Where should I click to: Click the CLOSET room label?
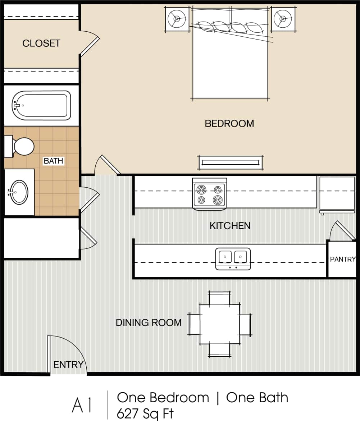tap(41, 44)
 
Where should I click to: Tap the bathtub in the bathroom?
tap(41, 105)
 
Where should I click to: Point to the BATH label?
tap(53, 161)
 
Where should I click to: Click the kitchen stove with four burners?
tap(210, 194)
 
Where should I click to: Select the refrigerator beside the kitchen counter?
tap(337, 194)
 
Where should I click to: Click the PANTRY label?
tap(342, 259)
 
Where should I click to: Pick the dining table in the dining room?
tap(220, 324)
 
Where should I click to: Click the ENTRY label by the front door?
tap(68, 365)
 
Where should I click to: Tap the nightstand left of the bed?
tap(177, 19)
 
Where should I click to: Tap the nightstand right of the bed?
tap(283, 19)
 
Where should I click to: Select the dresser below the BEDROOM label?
tap(230, 163)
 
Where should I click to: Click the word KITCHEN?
tap(230, 226)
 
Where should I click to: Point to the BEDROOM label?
tap(229, 124)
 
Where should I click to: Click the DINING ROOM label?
tap(149, 323)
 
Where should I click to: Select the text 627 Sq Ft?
tap(145, 413)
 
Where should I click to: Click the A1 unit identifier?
tap(82, 406)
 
